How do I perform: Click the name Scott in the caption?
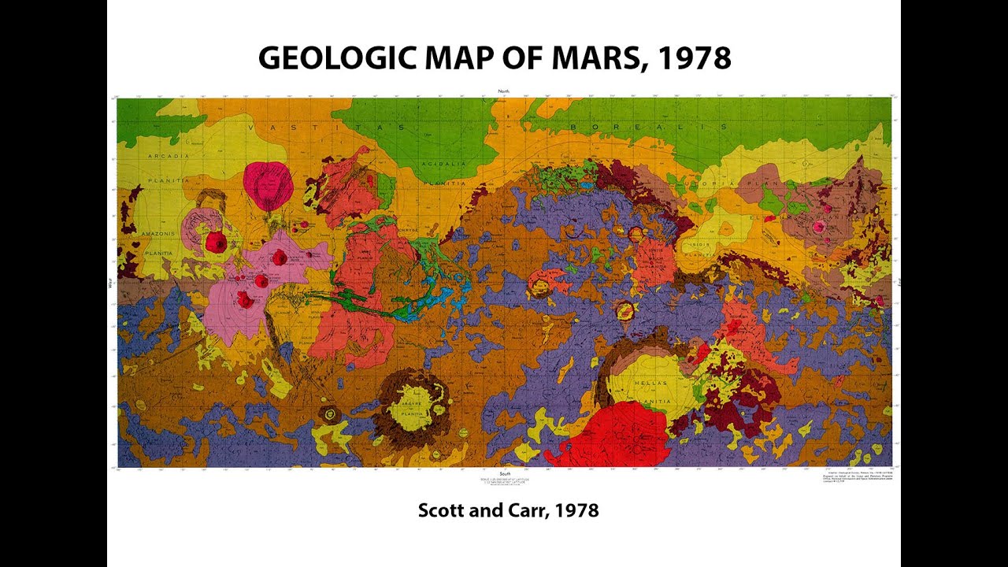[x=443, y=510]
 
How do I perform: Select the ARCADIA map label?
[x=167, y=156]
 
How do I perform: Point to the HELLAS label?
[x=648, y=384]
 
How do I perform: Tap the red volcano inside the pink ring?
[x=214, y=243]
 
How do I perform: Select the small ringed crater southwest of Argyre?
[x=329, y=413]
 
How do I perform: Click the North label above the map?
[x=504, y=92]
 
